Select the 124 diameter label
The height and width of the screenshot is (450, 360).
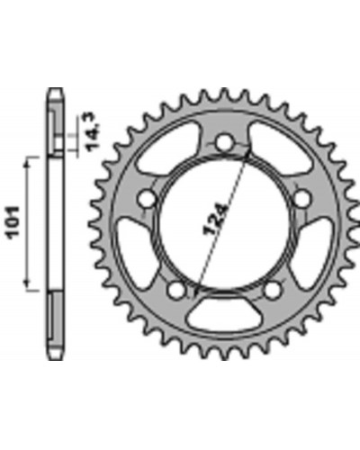coord(216,220)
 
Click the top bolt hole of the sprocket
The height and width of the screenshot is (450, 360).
coord(225,142)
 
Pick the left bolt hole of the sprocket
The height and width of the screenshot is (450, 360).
coord(148,199)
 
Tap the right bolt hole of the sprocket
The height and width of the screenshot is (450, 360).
coord(301,199)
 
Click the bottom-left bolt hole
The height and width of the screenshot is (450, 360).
coord(176,290)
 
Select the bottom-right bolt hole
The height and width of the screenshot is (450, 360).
coord(273,290)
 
